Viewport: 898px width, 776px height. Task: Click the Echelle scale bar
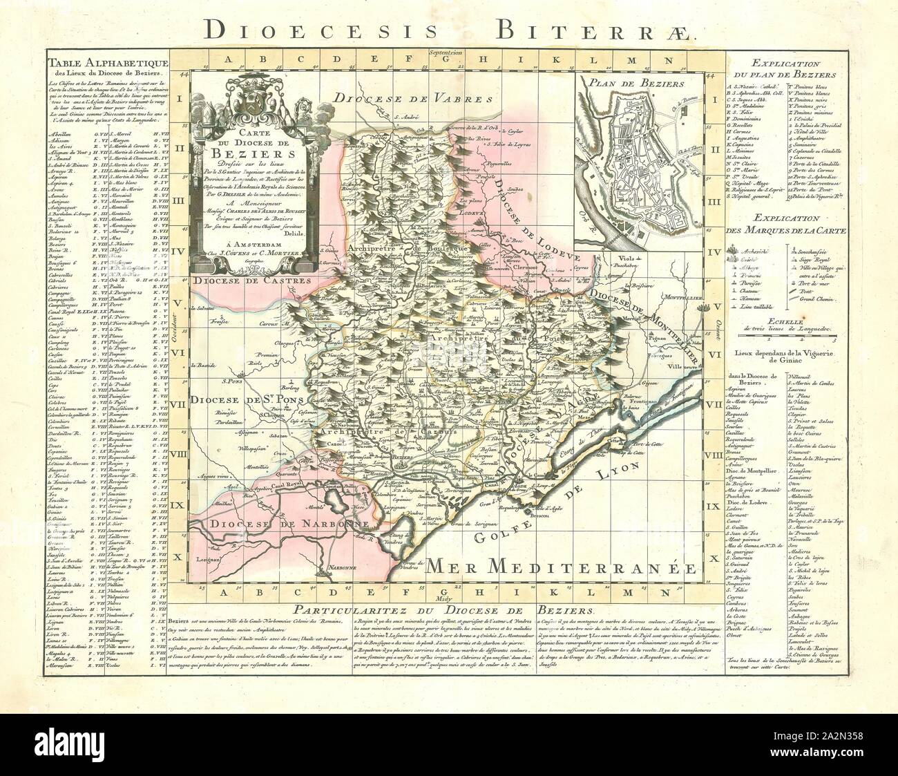(794, 338)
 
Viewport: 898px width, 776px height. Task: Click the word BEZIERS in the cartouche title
(251, 153)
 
